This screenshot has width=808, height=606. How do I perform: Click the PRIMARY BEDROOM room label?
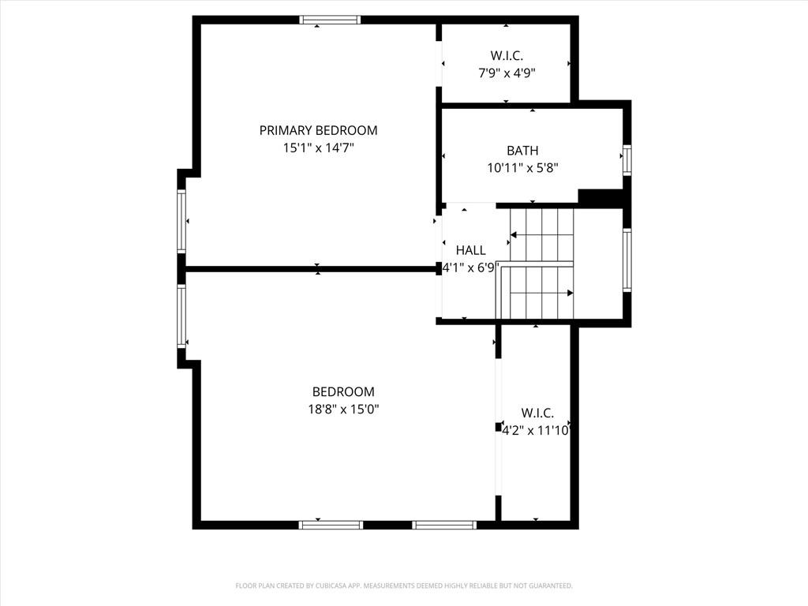coord(318,130)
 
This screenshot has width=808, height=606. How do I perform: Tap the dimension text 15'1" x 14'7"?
coord(319,148)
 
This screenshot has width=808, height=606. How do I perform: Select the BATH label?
coord(522,151)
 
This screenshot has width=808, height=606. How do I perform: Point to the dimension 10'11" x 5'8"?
coord(523,167)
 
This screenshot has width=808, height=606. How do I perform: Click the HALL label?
coord(470,250)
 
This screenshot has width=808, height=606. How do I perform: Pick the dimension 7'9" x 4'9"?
coord(507,73)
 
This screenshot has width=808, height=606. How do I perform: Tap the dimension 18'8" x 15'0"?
coord(344,410)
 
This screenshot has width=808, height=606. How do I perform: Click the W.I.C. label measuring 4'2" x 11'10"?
coord(537,413)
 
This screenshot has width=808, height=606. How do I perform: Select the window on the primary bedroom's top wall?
coord(330,20)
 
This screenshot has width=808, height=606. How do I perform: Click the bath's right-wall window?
coord(627,159)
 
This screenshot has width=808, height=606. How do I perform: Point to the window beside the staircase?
coord(627,260)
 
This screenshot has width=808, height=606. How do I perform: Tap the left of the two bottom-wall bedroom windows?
coord(331,525)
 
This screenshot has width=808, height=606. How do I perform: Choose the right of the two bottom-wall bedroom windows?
coord(444,525)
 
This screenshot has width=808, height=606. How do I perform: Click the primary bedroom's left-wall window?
coord(181,221)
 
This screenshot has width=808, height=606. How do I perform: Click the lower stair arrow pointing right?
coord(541,293)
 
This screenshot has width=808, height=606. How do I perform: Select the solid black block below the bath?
coord(600,198)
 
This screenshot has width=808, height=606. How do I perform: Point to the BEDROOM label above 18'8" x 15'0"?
coord(343,391)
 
